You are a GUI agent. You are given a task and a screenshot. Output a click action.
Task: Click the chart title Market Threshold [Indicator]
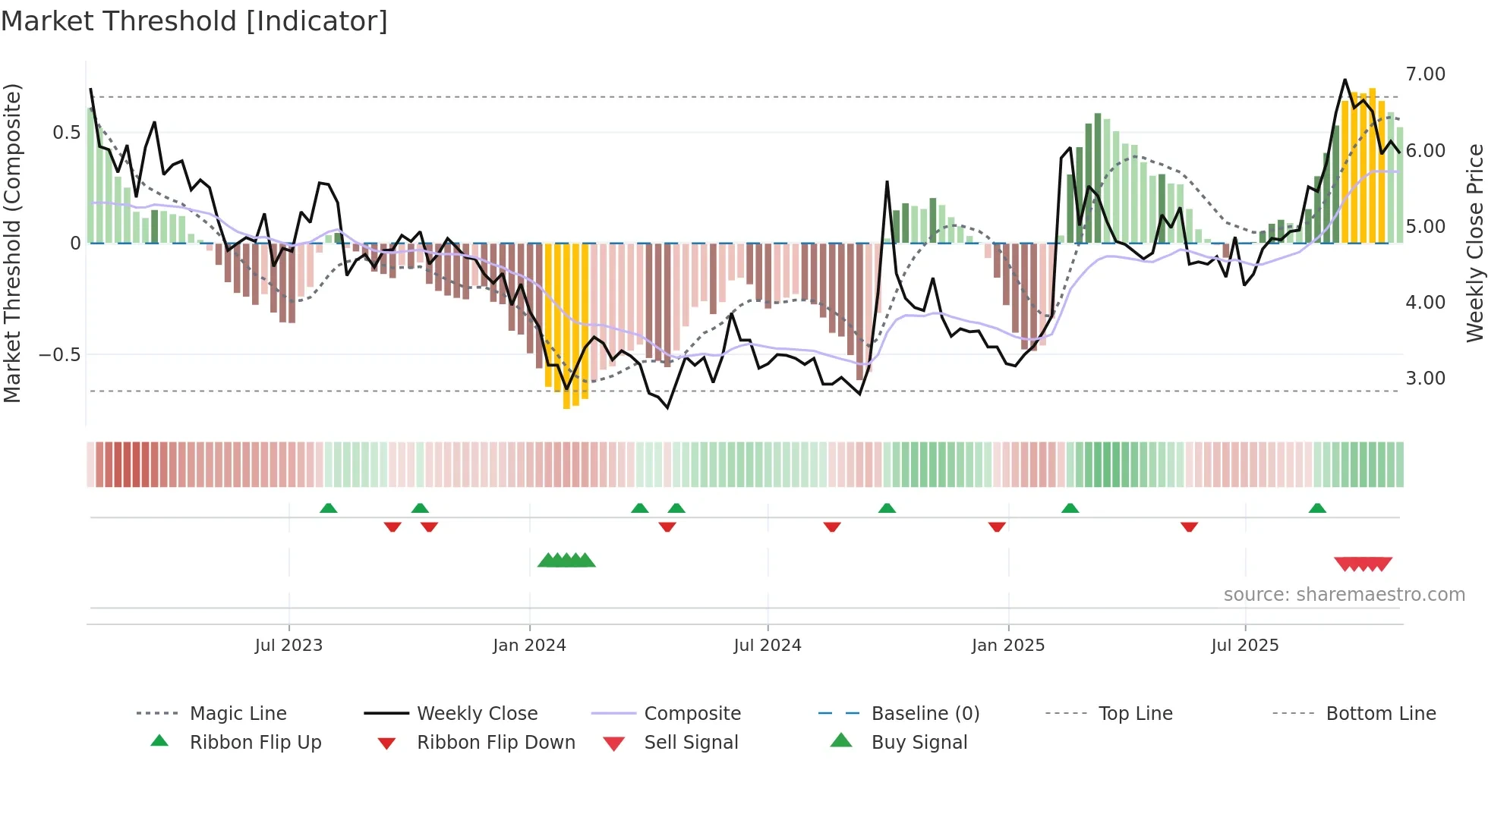pos(194,21)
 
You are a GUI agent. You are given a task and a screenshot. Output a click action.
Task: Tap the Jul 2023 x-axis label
pos(288,646)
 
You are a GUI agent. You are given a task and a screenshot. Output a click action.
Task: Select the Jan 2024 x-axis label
pos(529,646)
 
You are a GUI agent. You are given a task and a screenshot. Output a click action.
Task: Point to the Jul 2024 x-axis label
pos(768,646)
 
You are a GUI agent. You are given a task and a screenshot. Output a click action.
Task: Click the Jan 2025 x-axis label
pos(1008,646)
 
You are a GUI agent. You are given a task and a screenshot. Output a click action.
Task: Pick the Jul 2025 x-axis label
pos(1245,646)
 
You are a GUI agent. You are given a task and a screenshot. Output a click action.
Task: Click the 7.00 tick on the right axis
pos(1425,74)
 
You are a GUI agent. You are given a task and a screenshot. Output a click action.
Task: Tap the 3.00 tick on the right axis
pos(1425,379)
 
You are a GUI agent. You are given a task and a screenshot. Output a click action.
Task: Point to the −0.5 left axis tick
pos(59,355)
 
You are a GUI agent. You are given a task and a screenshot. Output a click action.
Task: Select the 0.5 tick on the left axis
pos(66,133)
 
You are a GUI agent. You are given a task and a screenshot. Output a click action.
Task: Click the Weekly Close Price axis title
pos(1474,243)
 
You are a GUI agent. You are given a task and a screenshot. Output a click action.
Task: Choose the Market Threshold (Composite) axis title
pos(12,243)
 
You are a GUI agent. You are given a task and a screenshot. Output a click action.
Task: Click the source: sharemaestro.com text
pos(1344,595)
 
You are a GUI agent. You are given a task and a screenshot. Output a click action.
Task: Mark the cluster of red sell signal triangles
pos(1363,564)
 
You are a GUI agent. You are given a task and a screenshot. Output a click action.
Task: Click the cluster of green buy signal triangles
pos(566,561)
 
